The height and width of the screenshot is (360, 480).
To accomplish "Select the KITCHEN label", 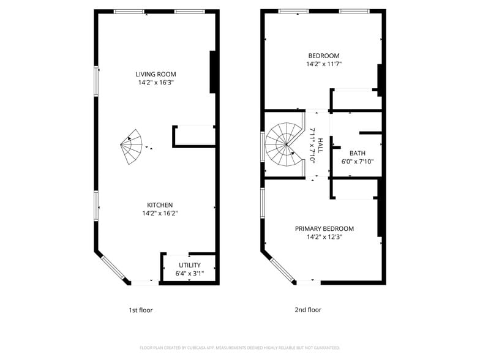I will [x=160, y=205].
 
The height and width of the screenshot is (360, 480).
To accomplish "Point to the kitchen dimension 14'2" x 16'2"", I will [x=160, y=214].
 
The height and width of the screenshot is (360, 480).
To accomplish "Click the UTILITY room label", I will [x=190, y=265].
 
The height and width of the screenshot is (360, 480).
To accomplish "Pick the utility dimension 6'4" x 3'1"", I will [x=190, y=274].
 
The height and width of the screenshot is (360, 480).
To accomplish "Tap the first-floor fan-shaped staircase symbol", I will [x=132, y=148].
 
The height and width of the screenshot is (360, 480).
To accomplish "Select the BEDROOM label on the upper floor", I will [x=323, y=56].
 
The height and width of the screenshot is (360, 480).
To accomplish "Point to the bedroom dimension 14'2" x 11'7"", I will [x=323, y=64].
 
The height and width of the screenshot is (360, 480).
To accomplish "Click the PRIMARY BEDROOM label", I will [x=324, y=228].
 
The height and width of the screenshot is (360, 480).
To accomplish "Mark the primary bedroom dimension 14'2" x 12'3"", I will [x=324, y=237].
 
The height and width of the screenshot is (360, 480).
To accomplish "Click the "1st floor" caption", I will [x=140, y=310].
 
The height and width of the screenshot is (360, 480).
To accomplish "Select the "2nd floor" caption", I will [x=308, y=310].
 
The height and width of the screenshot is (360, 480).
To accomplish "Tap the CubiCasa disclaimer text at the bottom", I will [x=240, y=348].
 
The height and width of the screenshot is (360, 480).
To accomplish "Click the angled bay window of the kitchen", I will [x=112, y=268].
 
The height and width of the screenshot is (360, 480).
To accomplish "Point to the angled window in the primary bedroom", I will [x=279, y=268].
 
